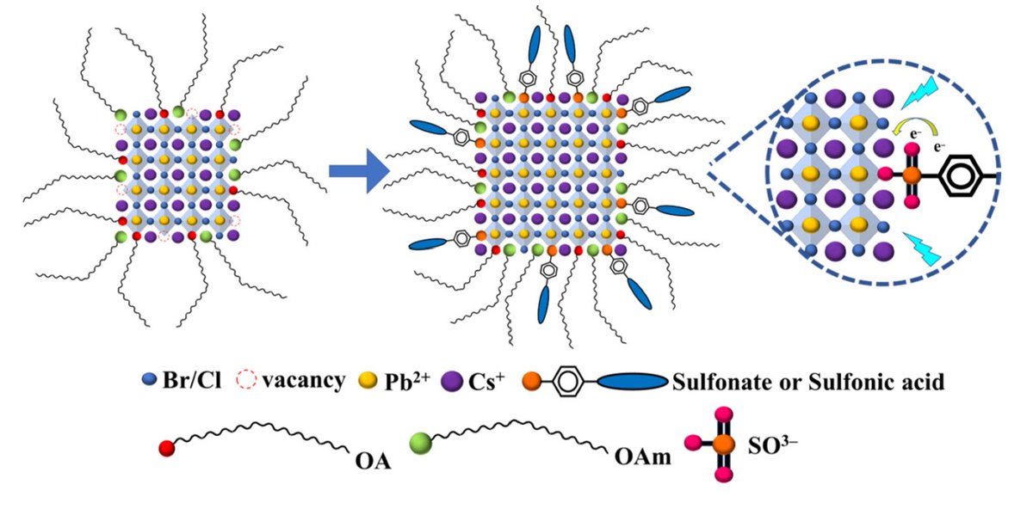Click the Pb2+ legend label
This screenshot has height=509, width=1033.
(x=406, y=380)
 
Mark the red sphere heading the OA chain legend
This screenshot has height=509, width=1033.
(x=166, y=447)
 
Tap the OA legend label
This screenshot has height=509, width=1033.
(x=373, y=462)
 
